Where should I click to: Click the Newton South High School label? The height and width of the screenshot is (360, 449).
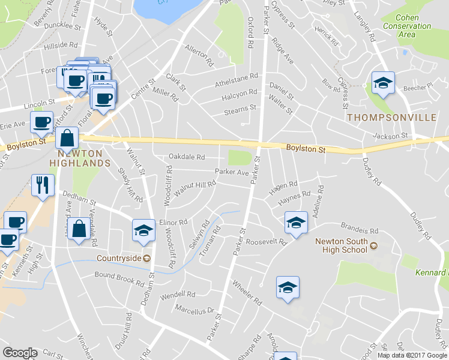(x=341, y=245)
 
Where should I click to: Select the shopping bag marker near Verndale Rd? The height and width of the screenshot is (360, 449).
(x=79, y=229)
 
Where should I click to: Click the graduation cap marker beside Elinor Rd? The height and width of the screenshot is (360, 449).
(x=143, y=231)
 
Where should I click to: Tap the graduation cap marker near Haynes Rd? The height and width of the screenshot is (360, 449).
(x=295, y=223)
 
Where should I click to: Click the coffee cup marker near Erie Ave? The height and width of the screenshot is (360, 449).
(x=41, y=122)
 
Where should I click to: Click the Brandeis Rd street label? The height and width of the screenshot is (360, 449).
(x=359, y=230)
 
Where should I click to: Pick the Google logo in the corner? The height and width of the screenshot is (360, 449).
(x=20, y=353)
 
